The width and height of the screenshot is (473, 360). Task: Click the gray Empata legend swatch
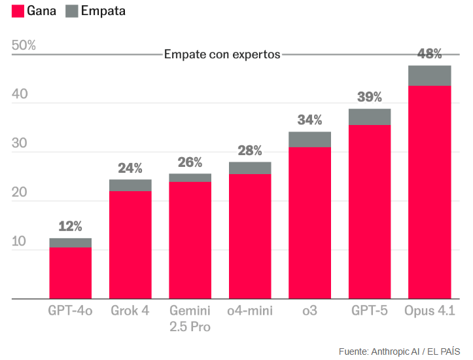[x=72, y=11]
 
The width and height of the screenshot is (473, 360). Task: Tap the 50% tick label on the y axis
[x=24, y=45]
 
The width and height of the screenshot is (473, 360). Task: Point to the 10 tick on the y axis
[x=19, y=242]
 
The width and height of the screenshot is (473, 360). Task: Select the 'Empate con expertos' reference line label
[x=222, y=54]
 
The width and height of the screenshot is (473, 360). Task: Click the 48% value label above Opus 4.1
[x=430, y=54]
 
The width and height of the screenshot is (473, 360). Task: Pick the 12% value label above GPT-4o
[x=70, y=226]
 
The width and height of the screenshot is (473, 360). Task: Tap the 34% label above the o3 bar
[x=309, y=120]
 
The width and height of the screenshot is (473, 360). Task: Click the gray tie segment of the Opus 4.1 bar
[x=429, y=76]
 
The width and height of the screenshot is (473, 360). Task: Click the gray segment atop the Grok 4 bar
[x=130, y=185]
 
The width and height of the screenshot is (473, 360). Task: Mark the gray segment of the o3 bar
[x=309, y=139]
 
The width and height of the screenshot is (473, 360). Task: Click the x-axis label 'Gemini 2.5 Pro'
[x=190, y=318]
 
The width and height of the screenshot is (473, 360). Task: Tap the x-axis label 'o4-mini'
[x=250, y=310]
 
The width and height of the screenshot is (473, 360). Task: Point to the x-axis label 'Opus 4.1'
[x=429, y=310]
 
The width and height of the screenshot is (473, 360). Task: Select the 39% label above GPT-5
[x=370, y=97]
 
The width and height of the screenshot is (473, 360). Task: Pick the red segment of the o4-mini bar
[x=250, y=236]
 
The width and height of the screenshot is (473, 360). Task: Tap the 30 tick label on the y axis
[x=19, y=143]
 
